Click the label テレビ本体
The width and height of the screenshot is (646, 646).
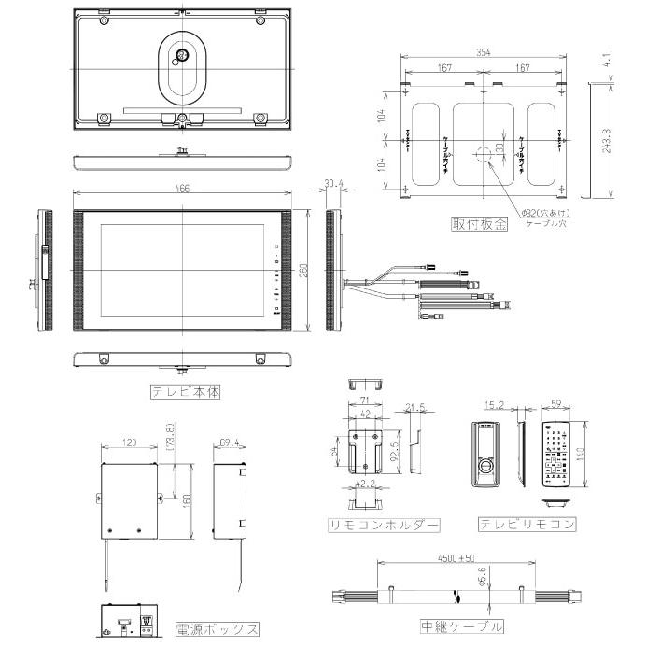pos(187,392)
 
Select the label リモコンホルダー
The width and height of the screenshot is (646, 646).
pos(370,525)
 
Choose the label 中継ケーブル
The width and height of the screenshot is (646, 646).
pos(463,625)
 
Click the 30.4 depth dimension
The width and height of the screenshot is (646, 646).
pos(333,184)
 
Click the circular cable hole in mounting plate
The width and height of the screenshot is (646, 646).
pos(482,155)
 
